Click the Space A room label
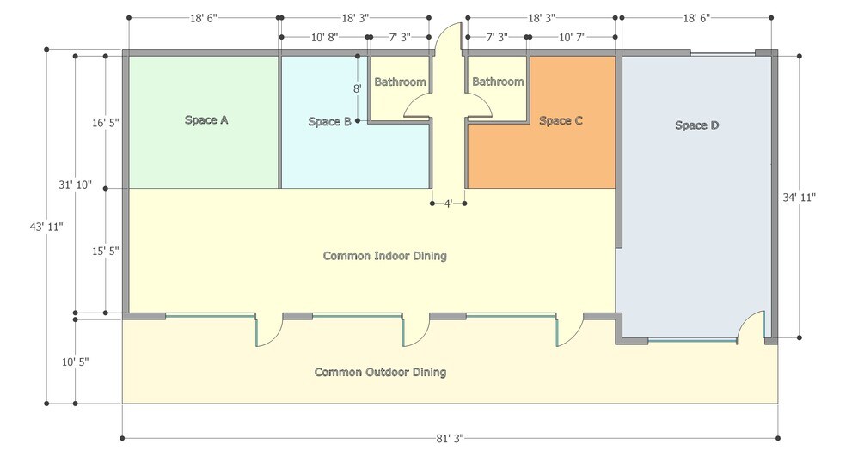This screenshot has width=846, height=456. click(206, 120)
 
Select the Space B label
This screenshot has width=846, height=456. click(329, 122)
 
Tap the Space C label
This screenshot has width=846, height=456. click(561, 121)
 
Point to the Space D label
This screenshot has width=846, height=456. click(696, 125)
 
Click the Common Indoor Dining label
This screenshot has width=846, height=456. click(384, 256)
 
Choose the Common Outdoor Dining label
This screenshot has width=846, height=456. click(380, 372)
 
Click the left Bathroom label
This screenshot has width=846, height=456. click(400, 82)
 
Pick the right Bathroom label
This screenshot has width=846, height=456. click(498, 82)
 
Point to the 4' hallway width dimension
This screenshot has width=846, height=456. click(448, 204)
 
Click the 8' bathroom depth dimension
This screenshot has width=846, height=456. click(356, 88)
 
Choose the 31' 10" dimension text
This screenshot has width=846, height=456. click(76, 185)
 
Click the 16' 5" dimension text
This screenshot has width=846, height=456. click(105, 122)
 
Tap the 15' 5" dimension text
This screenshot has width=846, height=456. click(105, 252)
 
